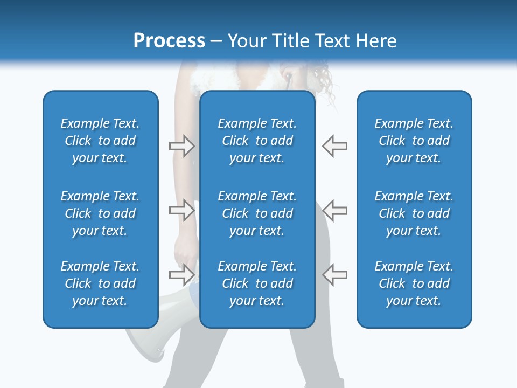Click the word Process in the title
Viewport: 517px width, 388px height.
[x=169, y=41]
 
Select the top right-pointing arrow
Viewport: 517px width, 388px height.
[x=181, y=145]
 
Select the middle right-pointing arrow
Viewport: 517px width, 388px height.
[x=181, y=210]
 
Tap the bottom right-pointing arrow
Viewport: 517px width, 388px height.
[x=181, y=275]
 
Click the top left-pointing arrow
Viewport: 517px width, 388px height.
[x=334, y=145]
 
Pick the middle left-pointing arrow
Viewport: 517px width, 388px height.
[x=334, y=210]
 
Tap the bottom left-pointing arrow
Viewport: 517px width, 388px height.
[x=334, y=275]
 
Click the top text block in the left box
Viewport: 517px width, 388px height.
[x=100, y=141]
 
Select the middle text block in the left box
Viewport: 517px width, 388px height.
[x=100, y=213]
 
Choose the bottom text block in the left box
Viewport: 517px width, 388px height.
[x=100, y=283]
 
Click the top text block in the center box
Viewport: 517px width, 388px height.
[x=257, y=141]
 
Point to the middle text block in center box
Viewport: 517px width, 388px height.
[x=257, y=213]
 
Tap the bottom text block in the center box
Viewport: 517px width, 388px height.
[x=257, y=283]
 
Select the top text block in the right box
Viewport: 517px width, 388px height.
[x=414, y=141]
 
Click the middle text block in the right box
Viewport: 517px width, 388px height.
[x=414, y=213]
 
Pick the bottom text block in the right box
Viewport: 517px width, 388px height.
[x=414, y=283]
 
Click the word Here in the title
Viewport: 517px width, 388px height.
[x=376, y=41]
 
